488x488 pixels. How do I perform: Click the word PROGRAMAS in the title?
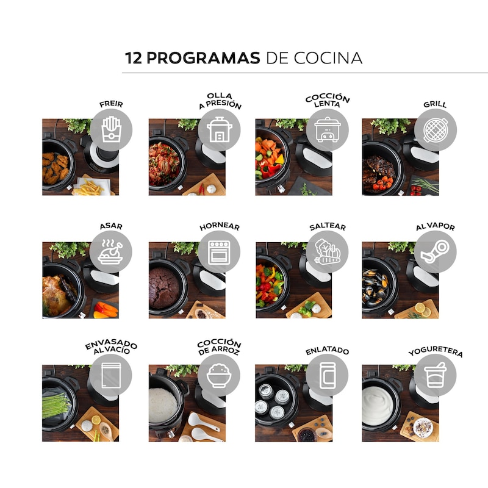(x=203, y=58)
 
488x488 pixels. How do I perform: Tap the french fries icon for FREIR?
(x=111, y=129)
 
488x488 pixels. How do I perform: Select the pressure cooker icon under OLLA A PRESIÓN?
(x=219, y=129)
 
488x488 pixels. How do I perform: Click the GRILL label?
(x=435, y=104)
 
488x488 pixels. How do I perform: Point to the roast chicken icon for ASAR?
(x=110, y=252)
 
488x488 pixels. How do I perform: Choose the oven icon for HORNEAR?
(x=219, y=252)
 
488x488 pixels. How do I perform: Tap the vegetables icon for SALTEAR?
(x=327, y=251)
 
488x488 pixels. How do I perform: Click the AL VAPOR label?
(x=436, y=226)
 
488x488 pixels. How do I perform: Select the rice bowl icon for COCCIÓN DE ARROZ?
(x=219, y=375)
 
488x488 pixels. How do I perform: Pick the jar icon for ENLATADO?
(x=327, y=375)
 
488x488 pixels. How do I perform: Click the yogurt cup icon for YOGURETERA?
(x=436, y=375)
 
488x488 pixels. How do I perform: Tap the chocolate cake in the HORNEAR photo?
(x=164, y=288)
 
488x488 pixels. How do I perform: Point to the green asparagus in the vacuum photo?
(x=56, y=405)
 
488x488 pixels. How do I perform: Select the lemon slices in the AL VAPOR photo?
(x=423, y=309)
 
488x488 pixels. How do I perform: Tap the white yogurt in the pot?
(x=378, y=406)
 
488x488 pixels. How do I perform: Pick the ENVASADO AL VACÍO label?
(x=111, y=347)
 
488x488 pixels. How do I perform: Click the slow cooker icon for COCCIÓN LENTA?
(x=328, y=129)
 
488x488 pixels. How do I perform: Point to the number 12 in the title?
(x=134, y=58)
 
